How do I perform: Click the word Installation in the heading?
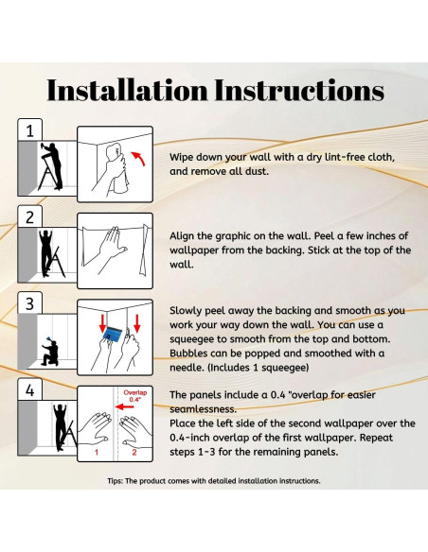[127, 90]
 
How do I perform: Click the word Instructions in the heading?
[299, 90]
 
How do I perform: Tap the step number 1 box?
[29, 129]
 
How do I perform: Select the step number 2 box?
[29, 216]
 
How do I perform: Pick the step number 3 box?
[29, 303]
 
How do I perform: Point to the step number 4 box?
[29, 390]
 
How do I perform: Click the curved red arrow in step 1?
[139, 158]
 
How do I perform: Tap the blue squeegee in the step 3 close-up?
[111, 334]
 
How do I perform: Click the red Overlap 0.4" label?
[135, 396]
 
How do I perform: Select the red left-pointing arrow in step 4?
[124, 407]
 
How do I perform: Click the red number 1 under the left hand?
[97, 452]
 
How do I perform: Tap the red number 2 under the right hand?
[134, 452]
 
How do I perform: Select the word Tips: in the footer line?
[115, 481]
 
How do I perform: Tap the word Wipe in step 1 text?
[181, 157]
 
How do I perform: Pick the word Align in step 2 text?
[182, 236]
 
